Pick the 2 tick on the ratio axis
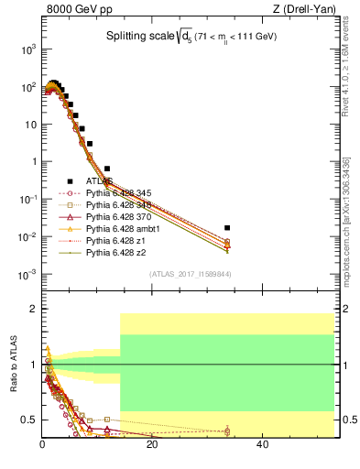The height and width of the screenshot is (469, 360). (32, 310)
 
